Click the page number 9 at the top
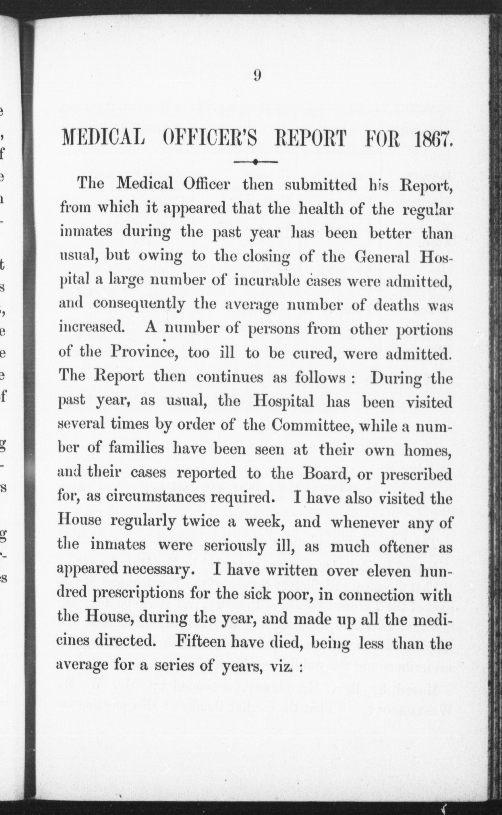coord(257,76)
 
